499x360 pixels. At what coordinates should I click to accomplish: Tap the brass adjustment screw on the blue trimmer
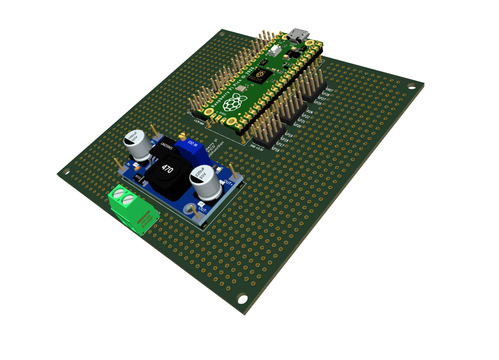pos(182,137)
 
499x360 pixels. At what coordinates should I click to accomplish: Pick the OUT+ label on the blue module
pos(228,182)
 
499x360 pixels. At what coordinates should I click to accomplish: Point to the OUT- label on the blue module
pos(202,208)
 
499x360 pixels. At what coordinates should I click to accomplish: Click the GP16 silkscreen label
pos(275,150)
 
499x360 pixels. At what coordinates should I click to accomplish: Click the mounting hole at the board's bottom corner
pos(242,298)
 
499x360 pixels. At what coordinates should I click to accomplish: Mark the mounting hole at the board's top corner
pos(222,34)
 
